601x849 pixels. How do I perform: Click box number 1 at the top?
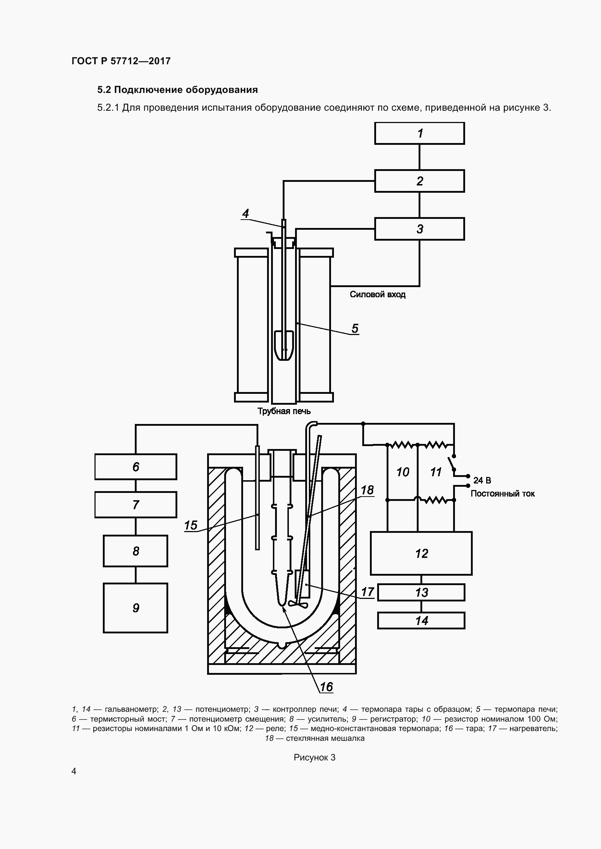[x=419, y=133]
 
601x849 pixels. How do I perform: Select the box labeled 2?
[x=419, y=181]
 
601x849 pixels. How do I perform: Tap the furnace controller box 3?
[x=419, y=229]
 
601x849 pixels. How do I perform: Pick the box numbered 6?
[x=136, y=467]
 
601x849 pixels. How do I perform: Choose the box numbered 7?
[x=136, y=505]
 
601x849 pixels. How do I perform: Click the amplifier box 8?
[x=136, y=551]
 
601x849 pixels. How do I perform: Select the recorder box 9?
[x=136, y=608]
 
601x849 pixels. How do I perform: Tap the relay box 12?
[x=421, y=553]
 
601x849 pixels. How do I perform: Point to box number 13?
[x=421, y=592]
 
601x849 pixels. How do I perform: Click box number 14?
[x=421, y=620]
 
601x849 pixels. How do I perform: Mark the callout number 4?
[x=245, y=213]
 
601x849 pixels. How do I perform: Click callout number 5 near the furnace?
[x=355, y=328]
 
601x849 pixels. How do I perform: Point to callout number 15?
[x=191, y=525]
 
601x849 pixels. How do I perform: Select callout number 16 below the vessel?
[x=326, y=687]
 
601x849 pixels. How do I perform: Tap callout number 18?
[x=367, y=490]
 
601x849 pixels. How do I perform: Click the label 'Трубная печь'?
[x=284, y=411]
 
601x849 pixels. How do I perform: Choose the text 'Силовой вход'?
[x=378, y=294]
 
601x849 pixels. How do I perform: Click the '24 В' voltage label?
[x=482, y=480]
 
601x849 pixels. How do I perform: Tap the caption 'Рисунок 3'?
[x=315, y=757]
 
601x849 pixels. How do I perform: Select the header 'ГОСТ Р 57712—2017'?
[x=121, y=61]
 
